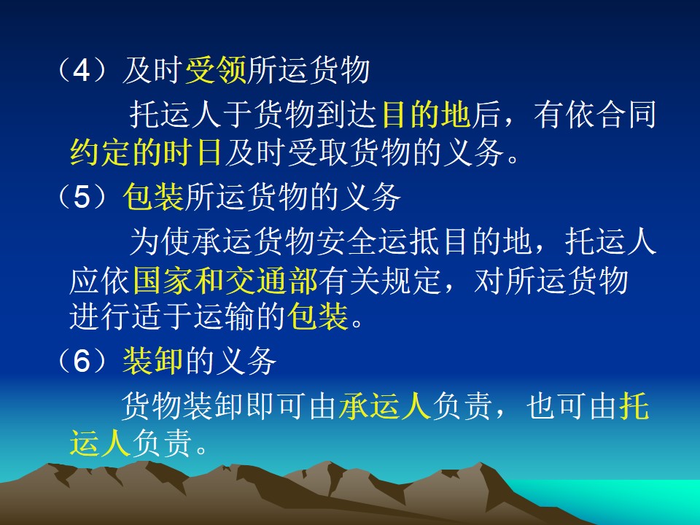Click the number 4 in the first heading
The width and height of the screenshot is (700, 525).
pos(81,71)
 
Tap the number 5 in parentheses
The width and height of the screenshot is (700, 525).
pos(82,197)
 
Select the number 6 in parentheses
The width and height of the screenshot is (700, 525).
pos(82,361)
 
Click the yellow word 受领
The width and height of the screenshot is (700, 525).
pos(215,71)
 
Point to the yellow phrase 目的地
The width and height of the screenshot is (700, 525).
pos(425,114)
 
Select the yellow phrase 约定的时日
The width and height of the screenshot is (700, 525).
pos(146,152)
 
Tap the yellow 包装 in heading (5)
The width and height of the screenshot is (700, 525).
pos(153,197)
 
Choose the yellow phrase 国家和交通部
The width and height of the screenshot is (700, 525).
pos(225,281)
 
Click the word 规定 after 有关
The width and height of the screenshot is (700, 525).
pos(411,281)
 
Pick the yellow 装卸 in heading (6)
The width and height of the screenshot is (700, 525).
pos(152,361)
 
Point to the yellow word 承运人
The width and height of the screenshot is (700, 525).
pos(384,406)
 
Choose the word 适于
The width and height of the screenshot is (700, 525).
pos(162,316)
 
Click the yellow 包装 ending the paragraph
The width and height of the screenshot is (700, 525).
pos(317,316)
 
